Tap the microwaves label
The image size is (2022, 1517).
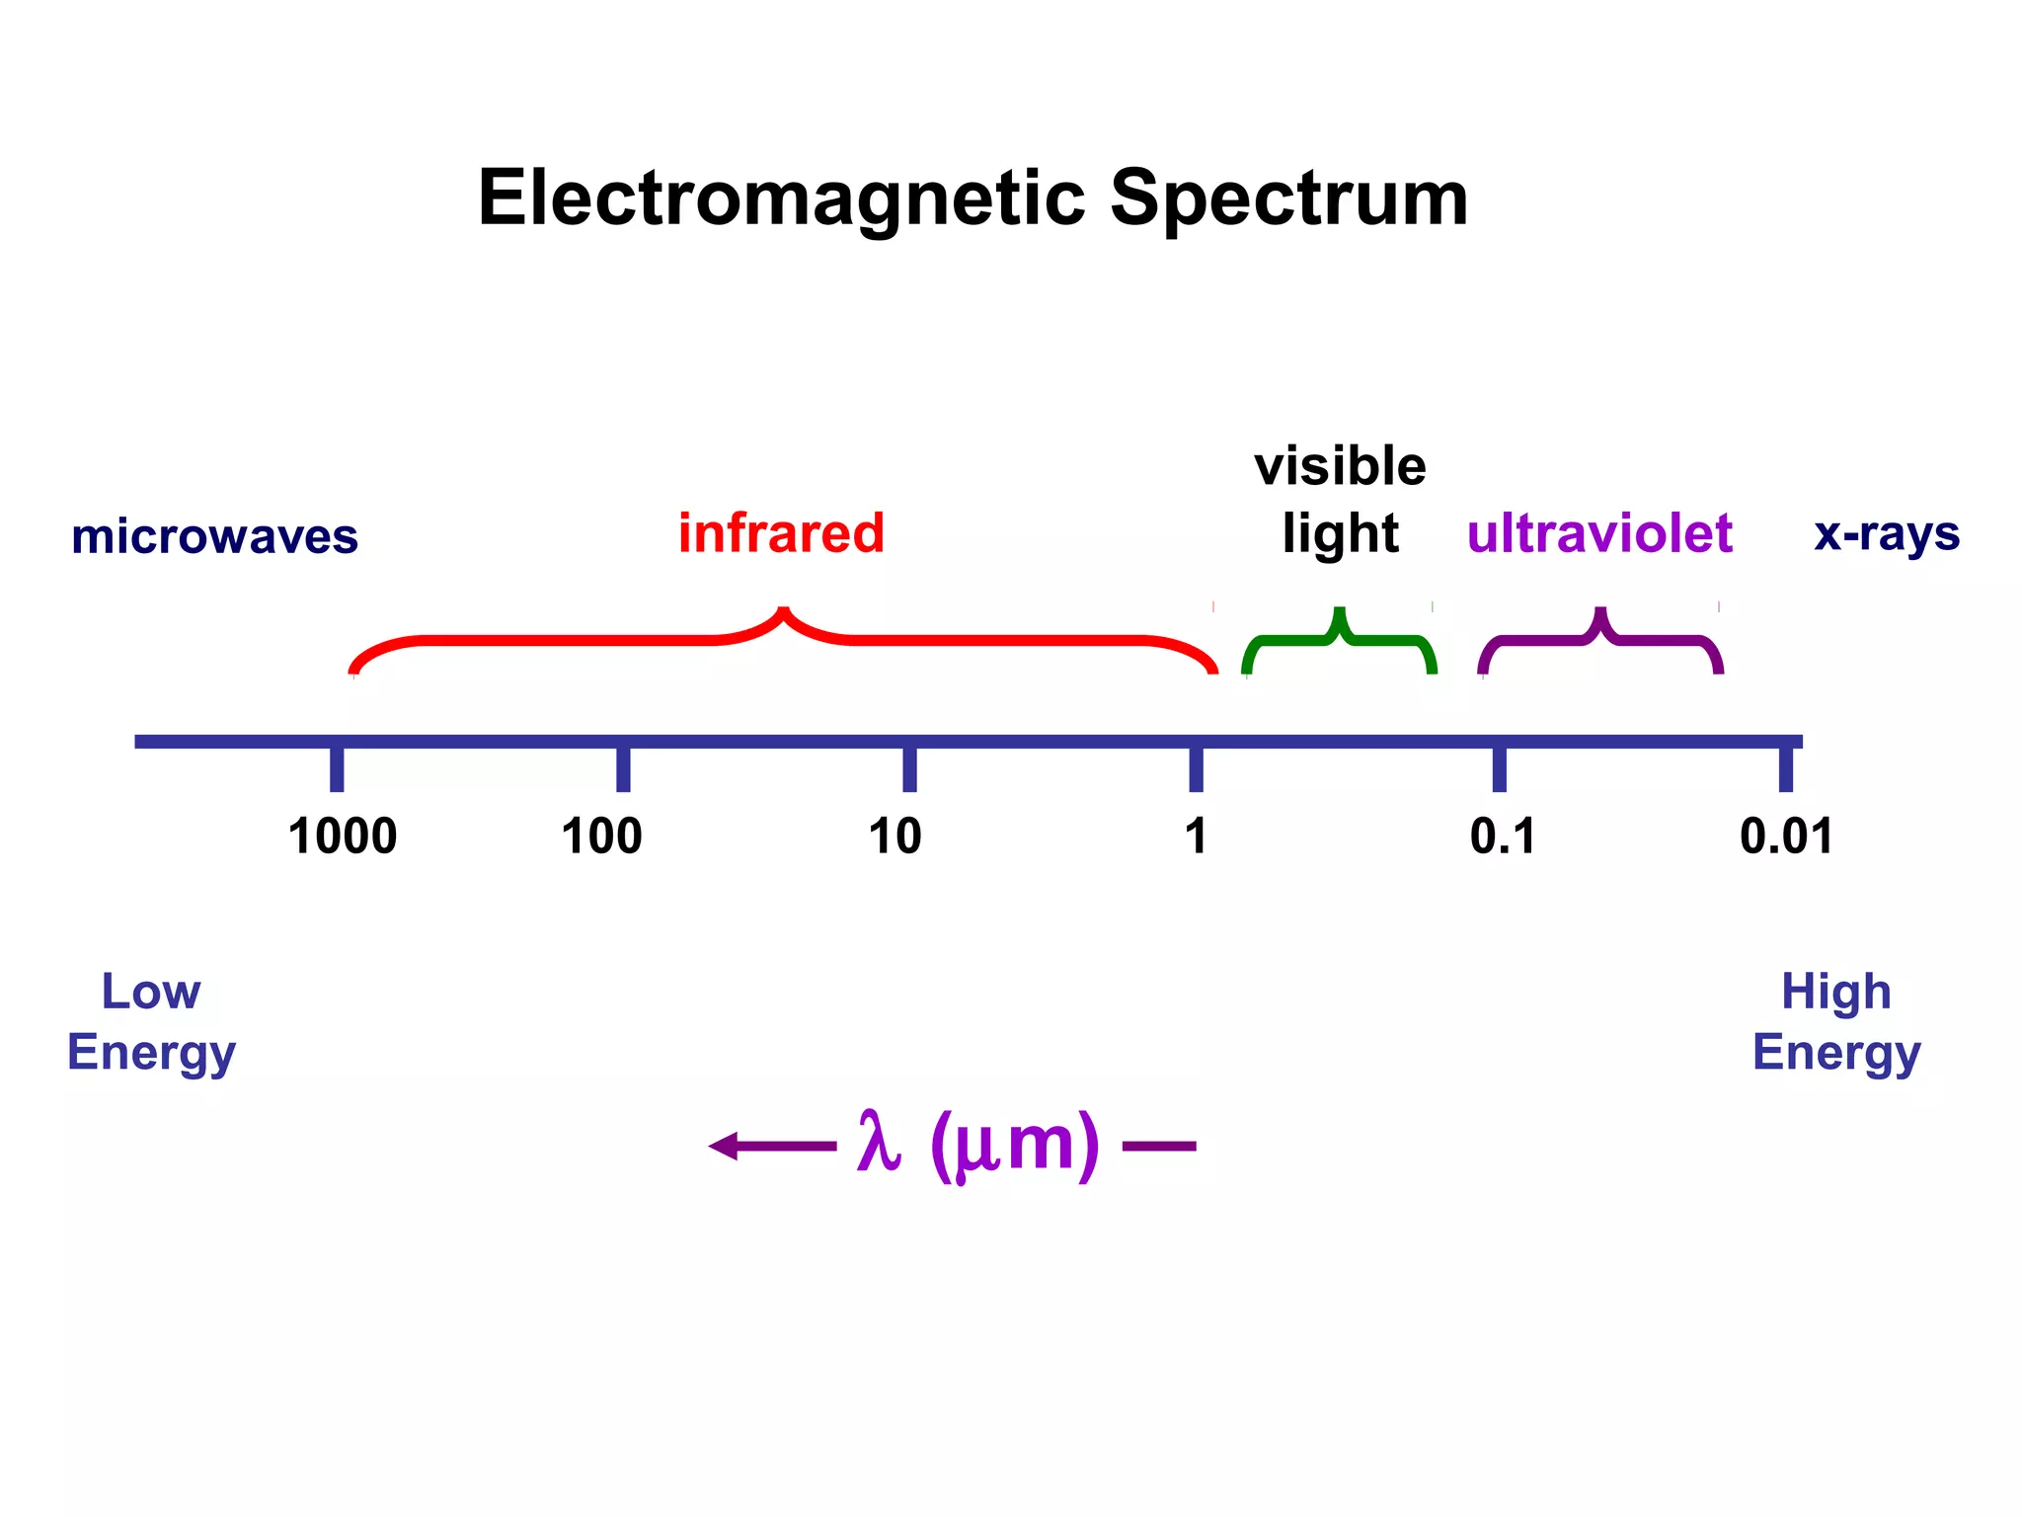point(214,536)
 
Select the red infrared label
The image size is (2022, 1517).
point(781,533)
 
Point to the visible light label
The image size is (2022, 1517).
point(1340,500)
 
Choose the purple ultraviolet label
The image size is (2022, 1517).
point(1599,533)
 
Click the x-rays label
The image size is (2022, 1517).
point(1887,534)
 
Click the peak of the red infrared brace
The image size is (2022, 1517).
point(783,612)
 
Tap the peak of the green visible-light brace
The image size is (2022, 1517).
point(1339,612)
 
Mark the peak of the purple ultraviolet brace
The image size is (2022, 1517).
point(1600,612)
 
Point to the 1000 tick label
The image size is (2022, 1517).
point(342,837)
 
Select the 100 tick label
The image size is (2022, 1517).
point(601,837)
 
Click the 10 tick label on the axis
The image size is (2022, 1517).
point(894,837)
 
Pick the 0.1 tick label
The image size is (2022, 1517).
point(1502,837)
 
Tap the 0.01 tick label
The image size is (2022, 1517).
point(1786,837)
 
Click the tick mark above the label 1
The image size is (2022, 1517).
point(1196,769)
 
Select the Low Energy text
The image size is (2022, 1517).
point(151,1021)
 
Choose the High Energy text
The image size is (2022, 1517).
point(1836,1021)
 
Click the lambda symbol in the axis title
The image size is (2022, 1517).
point(879,1143)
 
